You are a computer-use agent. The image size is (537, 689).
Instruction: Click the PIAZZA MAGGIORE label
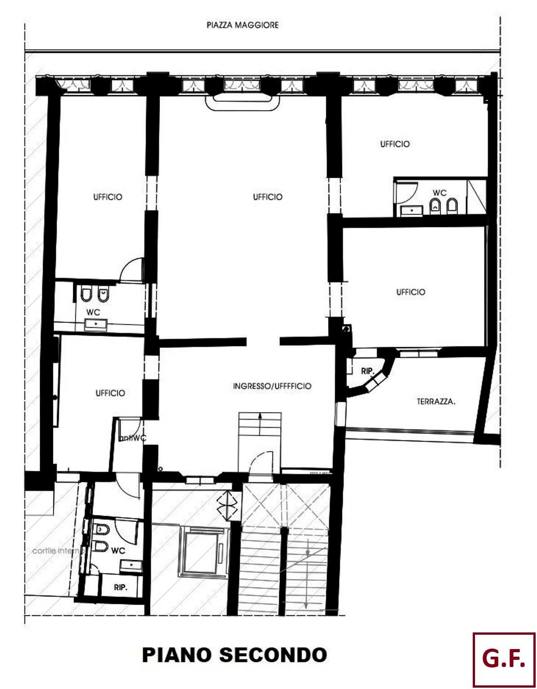(242, 25)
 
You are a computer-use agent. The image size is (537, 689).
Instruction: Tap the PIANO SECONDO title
(234, 655)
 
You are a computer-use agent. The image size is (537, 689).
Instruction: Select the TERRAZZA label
(435, 402)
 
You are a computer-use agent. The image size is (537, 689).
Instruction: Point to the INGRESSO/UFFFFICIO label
(272, 386)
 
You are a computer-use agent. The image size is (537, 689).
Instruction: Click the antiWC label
(133, 439)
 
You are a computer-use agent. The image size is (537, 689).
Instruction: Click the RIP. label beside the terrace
(367, 371)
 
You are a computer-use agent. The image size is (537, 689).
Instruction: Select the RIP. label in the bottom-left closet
(120, 587)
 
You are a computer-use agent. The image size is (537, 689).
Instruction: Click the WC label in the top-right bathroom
(439, 193)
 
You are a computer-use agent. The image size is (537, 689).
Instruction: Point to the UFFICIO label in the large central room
(267, 197)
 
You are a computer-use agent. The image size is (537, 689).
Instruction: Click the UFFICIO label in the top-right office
(395, 144)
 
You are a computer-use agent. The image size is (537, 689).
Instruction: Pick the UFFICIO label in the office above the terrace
(410, 292)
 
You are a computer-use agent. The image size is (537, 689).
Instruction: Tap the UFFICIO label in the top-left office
(107, 197)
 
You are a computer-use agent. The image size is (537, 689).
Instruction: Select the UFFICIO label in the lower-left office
(110, 393)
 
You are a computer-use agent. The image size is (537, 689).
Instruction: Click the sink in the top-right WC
(411, 210)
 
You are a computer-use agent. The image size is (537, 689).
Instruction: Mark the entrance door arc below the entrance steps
(261, 462)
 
